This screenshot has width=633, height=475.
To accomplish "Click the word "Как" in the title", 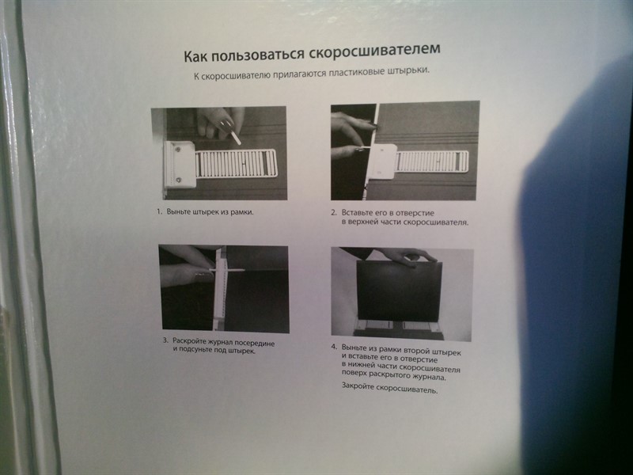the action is pos(195,56).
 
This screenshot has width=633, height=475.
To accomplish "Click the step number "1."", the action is pos(160,211).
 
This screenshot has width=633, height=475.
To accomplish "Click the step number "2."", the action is pos(333,212).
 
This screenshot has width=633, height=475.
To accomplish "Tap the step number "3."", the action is pos(165,340).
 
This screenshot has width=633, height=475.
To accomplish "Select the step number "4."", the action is pos(334,347).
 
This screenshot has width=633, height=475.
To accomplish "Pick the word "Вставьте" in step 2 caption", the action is pos(356,212).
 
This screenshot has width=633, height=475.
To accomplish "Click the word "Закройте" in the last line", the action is pos(358,386).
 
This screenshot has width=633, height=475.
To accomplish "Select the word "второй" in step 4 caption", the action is pos(416,350).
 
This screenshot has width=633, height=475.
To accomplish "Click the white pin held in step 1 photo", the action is pos(236,137).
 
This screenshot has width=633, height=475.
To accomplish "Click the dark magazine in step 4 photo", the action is pos(399,291).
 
